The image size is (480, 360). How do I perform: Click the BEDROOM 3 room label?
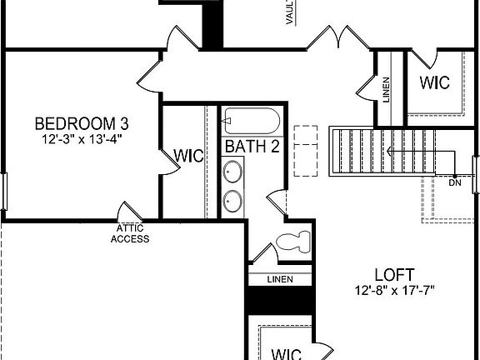(81, 123)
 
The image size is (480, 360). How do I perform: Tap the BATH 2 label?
(252, 147)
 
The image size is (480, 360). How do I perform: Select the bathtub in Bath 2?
(252, 122)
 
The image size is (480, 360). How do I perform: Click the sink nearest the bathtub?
(232, 173)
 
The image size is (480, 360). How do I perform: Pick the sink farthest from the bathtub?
(232, 200)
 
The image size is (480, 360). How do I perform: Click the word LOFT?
(394, 274)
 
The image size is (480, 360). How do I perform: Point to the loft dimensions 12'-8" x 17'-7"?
(394, 290)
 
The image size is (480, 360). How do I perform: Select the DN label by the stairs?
(454, 182)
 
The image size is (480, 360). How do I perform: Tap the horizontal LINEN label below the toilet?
(279, 279)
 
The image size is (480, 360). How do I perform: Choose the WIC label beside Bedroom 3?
(187, 156)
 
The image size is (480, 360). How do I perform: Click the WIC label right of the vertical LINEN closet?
(434, 83)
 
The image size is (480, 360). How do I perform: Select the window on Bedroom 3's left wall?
(3, 192)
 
